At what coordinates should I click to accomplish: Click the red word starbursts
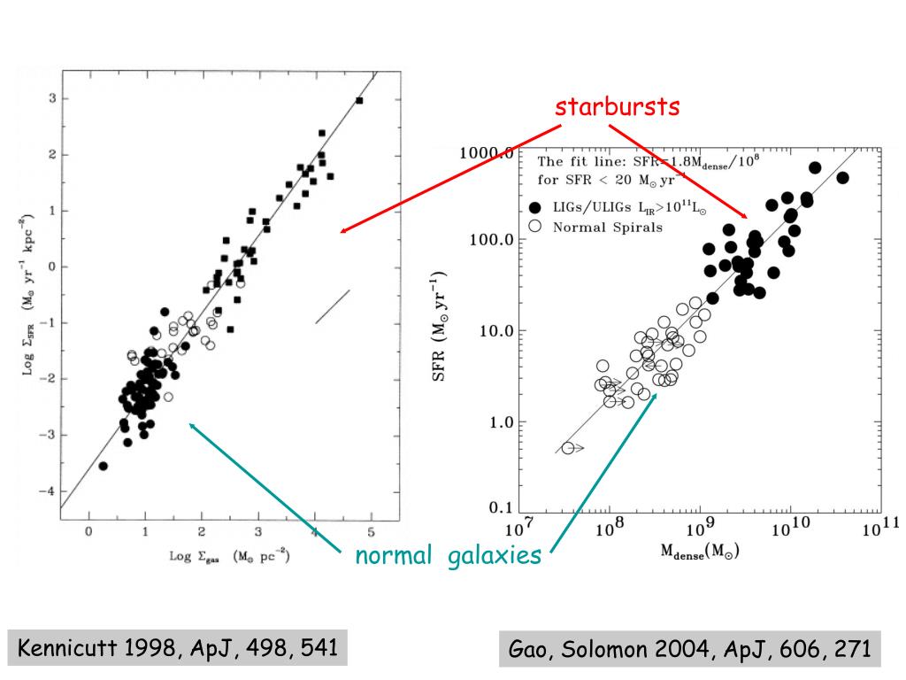[618, 107]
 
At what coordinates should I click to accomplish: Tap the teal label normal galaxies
[448, 556]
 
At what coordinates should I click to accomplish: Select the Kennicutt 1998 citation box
[178, 648]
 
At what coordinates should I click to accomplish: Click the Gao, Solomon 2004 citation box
[690, 649]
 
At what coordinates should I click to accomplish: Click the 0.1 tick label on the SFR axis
[502, 508]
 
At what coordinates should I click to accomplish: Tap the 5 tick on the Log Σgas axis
[372, 530]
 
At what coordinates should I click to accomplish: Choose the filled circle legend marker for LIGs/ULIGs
[534, 207]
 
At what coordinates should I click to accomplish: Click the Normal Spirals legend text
[607, 227]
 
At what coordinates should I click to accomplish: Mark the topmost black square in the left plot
[359, 101]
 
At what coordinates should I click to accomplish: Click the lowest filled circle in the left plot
[104, 466]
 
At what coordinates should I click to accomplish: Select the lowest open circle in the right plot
[568, 448]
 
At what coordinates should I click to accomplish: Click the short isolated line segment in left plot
[333, 306]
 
